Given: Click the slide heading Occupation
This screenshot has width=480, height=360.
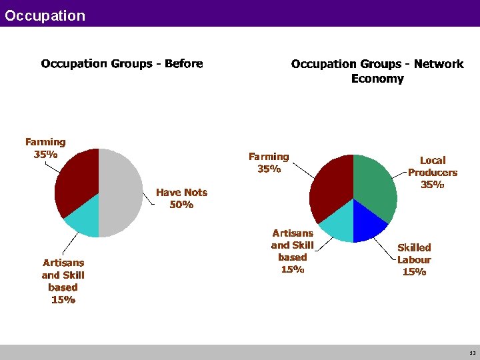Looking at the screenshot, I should coord(45,15).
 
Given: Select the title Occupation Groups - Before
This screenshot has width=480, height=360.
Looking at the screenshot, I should coord(122,64).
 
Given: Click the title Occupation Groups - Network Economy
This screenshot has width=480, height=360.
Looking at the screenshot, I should coord(377,71).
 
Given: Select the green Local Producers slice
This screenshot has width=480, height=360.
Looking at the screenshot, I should coord(374,183).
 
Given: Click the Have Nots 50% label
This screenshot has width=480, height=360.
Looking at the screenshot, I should coord(181,198).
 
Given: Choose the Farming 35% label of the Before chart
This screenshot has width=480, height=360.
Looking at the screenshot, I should coord(45,147).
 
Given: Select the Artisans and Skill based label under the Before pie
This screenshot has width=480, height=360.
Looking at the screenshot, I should coord(63,281).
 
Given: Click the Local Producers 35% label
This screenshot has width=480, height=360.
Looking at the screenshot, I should coord(433,172).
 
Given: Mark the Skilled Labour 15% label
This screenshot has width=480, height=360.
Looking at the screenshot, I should coord(414,259).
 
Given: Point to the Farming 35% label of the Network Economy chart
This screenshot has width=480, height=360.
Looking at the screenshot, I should coord(269,163).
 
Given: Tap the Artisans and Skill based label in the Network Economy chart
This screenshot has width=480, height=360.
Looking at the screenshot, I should coord(292,251).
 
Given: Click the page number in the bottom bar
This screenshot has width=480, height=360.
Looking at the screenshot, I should coord(472,353).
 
